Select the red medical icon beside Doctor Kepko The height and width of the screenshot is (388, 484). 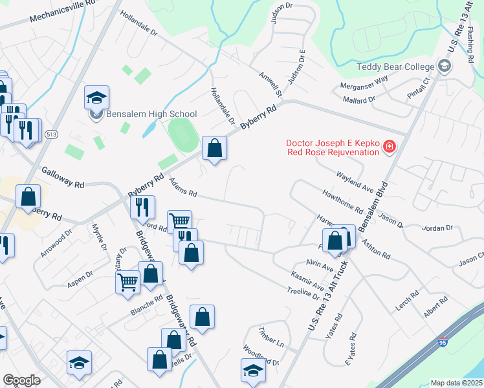pyautogui.click(x=389, y=147)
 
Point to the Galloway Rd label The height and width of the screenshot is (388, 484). pyautogui.click(x=63, y=176)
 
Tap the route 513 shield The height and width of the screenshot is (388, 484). pyautogui.click(x=52, y=134)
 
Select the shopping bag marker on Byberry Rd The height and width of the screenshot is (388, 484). pyautogui.click(x=214, y=148)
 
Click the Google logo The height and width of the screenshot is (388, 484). pyautogui.click(x=21, y=380)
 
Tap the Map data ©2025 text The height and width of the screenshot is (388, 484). pyautogui.click(x=456, y=383)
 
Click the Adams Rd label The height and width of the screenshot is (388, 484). pyautogui.click(x=182, y=189)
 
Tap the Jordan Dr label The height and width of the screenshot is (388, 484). pyautogui.click(x=437, y=228)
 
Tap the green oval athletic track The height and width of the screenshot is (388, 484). pyautogui.click(x=182, y=133)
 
